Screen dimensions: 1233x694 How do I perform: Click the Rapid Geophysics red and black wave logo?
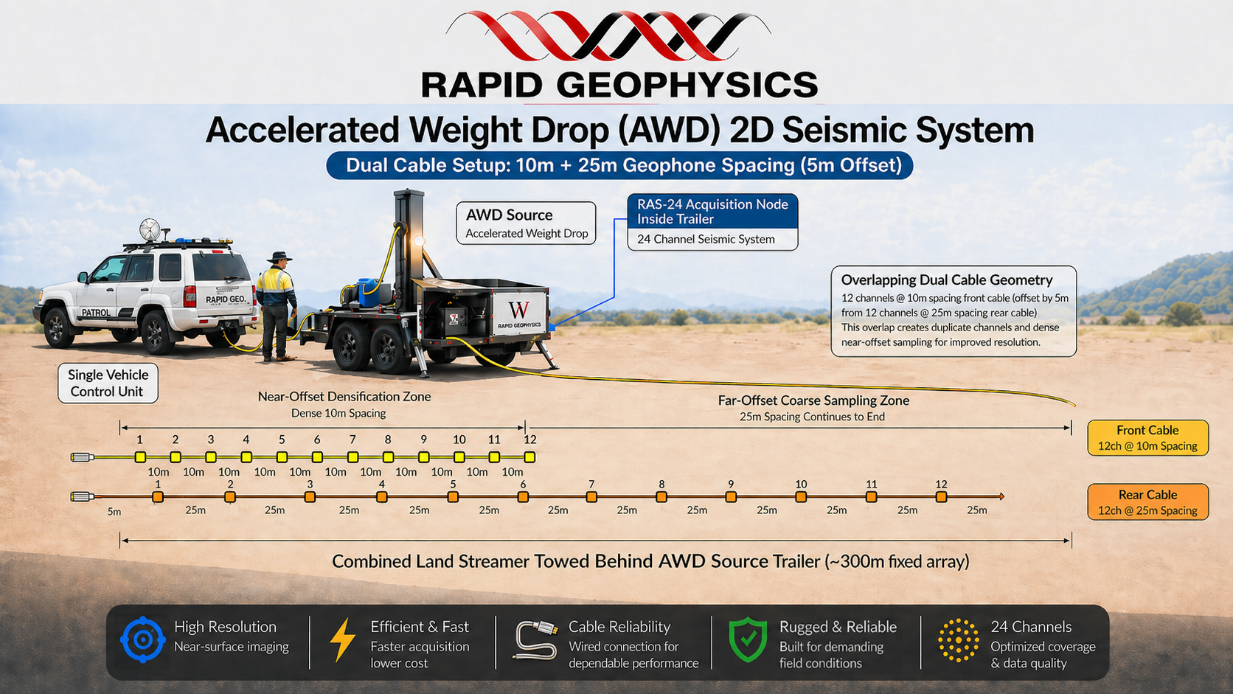pos(608,35)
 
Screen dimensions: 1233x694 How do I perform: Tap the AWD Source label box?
pos(527,223)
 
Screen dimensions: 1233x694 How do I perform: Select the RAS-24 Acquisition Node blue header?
pos(713,212)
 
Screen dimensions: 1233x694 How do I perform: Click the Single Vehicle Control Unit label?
pos(108,383)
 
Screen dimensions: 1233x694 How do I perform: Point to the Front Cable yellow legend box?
pos(1148,438)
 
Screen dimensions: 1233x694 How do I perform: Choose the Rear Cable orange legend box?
pos(1148,502)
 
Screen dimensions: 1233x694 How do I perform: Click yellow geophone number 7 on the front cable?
pos(352,457)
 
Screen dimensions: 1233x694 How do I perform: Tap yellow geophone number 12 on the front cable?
pos(529,457)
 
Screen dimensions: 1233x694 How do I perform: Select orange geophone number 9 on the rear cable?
pos(731,497)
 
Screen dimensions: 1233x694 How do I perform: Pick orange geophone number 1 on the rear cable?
pos(158,497)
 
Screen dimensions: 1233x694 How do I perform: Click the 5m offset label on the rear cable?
pos(114,512)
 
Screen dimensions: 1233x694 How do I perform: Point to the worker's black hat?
pos(279,257)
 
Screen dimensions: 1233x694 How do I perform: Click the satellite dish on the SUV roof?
pos(150,229)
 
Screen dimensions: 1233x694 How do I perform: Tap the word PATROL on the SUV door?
pos(96,313)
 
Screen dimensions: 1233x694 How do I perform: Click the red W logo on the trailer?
pos(518,310)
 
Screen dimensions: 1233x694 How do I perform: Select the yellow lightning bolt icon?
pos(342,639)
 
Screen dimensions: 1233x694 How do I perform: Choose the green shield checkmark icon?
pos(748,639)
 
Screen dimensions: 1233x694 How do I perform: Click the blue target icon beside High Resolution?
pos(143,639)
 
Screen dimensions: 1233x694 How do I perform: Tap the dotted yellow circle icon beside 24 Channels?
pos(959,640)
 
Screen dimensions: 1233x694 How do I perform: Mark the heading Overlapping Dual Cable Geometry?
pos(947,280)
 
